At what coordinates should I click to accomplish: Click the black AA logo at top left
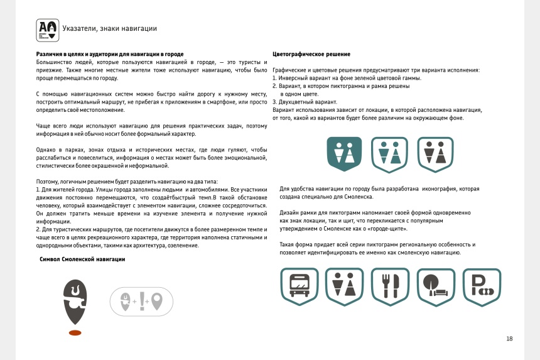click(x=47, y=29)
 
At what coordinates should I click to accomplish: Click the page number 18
click(x=509, y=339)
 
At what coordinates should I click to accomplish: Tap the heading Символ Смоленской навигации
click(x=82, y=259)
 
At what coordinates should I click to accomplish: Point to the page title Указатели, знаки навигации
click(x=110, y=28)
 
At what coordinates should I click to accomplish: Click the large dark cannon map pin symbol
click(x=75, y=300)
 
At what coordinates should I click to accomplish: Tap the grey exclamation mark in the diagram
click(x=142, y=302)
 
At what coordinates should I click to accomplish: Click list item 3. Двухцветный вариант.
click(x=305, y=102)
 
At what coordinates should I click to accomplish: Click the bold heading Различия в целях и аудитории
click(x=110, y=55)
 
